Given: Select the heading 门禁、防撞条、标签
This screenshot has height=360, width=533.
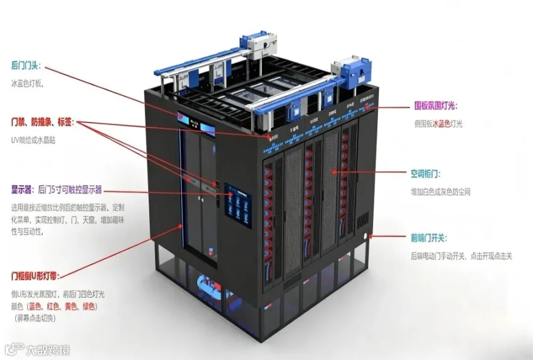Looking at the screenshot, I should (42, 123).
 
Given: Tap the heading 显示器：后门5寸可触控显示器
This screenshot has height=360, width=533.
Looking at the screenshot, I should (56, 190).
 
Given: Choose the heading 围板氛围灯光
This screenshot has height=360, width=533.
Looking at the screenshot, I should (435, 107).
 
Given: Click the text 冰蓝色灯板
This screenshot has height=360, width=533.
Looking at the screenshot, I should (27, 83).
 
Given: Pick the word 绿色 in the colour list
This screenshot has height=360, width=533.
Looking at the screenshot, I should (88, 307).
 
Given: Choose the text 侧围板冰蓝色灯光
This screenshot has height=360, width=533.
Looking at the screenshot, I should (438, 124).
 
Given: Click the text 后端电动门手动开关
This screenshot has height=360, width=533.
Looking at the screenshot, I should (438, 256).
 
